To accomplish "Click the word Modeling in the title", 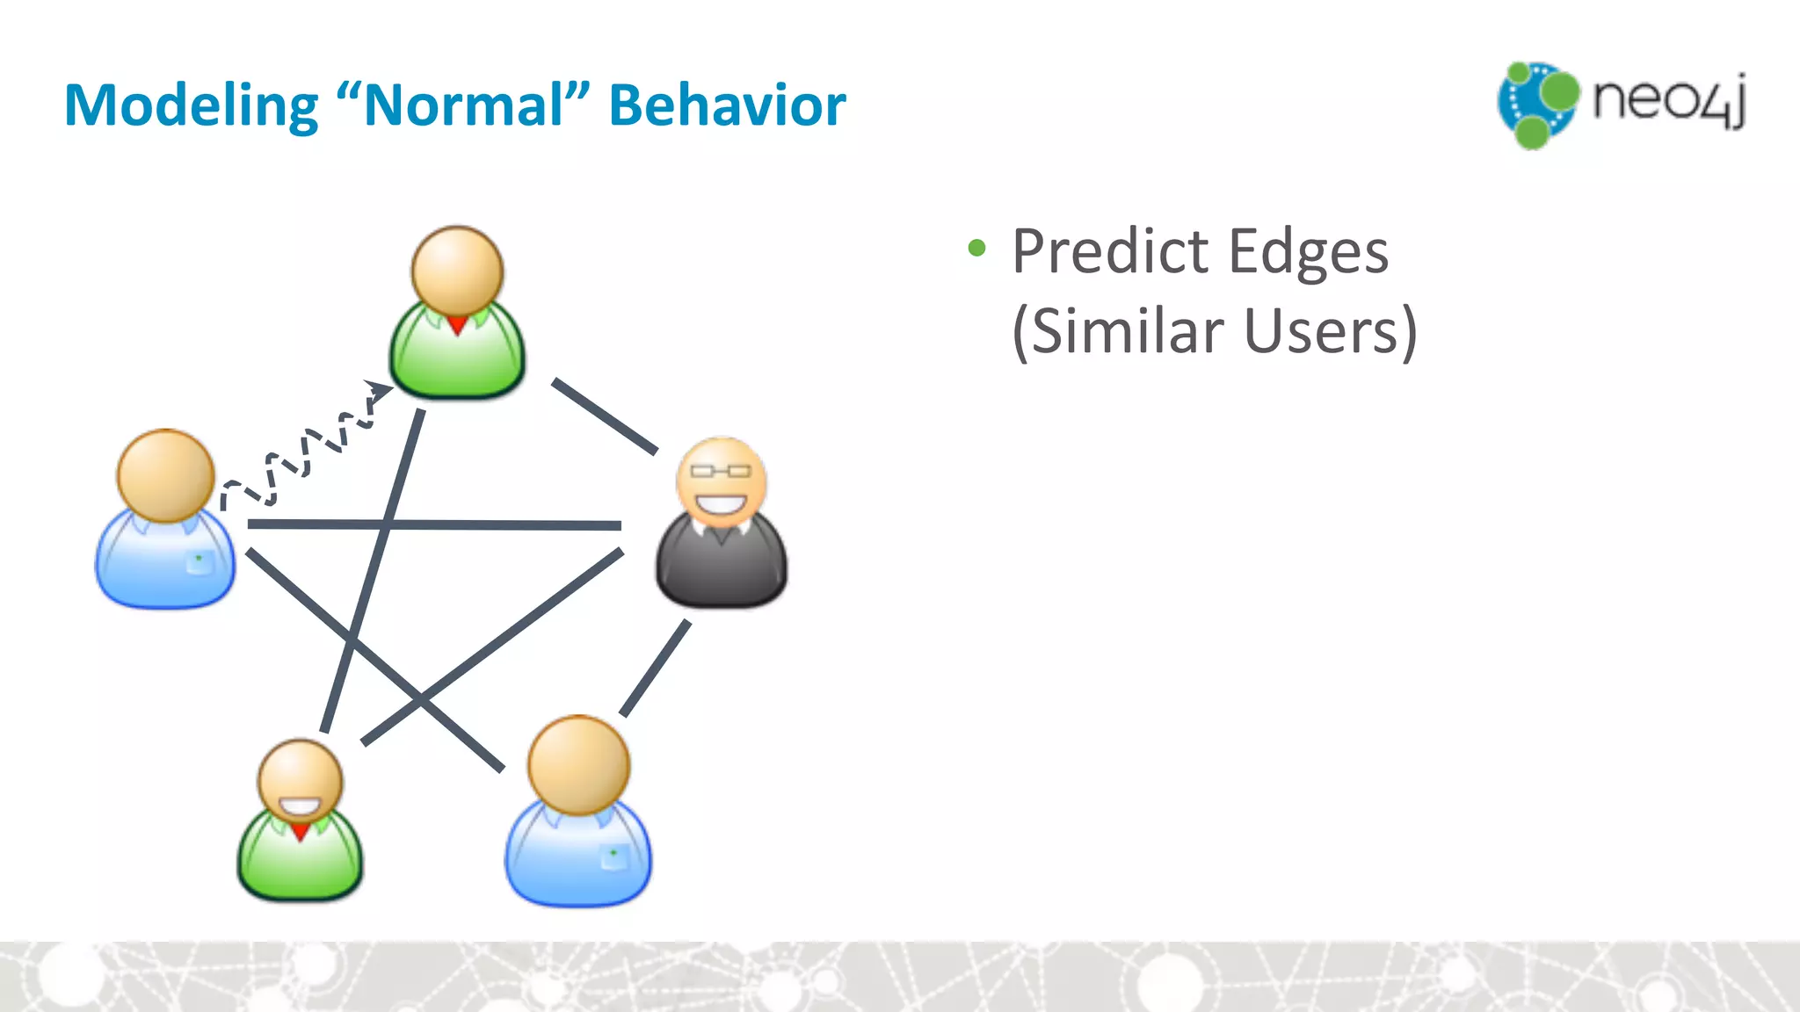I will [191, 106].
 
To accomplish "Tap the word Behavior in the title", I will [727, 106].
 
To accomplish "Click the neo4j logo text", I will [1669, 101].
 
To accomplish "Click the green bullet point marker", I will [976, 249].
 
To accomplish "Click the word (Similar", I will [1117, 332].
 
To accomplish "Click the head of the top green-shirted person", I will [457, 271].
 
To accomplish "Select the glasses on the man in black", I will [721, 471].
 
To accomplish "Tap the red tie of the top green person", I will [457, 326].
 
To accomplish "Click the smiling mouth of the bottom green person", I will [300, 806].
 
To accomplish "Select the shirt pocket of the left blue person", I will [200, 562].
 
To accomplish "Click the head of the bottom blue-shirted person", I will [578, 764].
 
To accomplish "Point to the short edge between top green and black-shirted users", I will [604, 416].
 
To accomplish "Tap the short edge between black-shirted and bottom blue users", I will [655, 669].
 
